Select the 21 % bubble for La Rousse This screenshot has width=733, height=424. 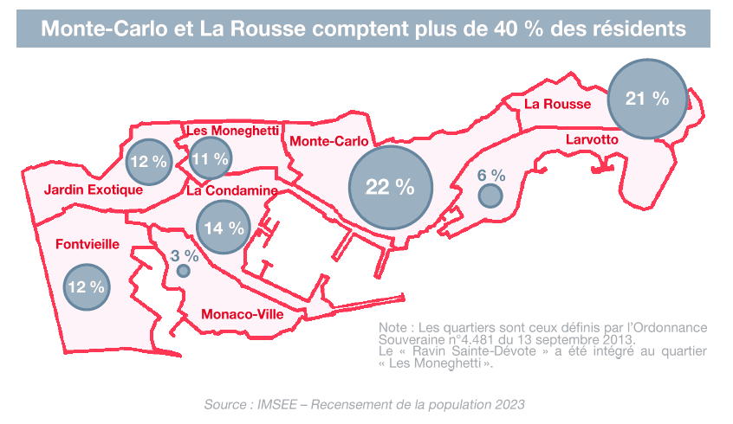647,99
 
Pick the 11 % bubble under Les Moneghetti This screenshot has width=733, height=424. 210,158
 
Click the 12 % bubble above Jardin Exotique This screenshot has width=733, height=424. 148,161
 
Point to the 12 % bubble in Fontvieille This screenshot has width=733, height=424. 87,286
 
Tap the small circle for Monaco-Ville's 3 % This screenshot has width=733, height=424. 184,271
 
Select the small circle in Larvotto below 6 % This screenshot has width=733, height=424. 490,196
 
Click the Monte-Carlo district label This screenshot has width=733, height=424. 328,140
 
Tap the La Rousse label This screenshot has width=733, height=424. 558,104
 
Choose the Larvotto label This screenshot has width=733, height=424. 591,139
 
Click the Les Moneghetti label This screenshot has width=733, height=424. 232,130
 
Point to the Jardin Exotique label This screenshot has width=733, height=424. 93,190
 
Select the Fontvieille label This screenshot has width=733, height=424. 87,244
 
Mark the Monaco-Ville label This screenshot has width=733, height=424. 243,314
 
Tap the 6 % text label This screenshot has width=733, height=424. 491,175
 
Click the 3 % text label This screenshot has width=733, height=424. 185,255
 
